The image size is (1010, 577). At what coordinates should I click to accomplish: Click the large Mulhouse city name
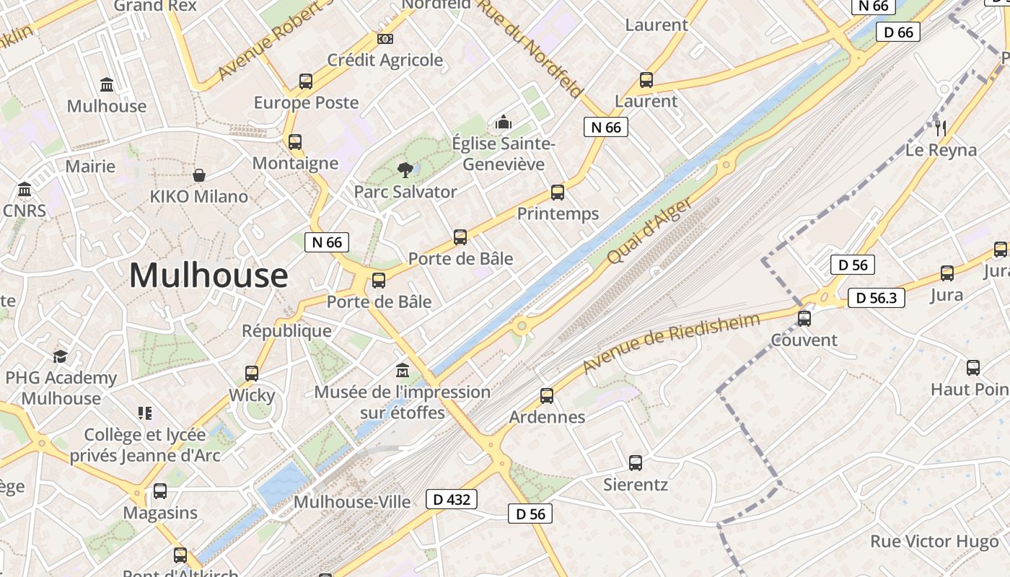208,276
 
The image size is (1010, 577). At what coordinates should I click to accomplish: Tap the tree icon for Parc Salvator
405,170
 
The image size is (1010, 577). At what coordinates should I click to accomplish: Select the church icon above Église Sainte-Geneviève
504,122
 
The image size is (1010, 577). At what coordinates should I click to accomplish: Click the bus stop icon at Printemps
558,193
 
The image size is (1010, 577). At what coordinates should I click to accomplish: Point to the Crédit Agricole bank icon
385,38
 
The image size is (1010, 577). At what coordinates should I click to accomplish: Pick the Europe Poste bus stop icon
306,82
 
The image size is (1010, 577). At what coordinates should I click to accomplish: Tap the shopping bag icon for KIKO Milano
199,175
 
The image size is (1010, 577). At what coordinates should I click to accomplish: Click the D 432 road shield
452,499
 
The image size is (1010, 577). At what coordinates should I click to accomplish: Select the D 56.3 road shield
876,298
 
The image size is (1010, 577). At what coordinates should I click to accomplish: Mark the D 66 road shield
898,32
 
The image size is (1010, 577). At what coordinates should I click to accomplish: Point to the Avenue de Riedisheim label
671,343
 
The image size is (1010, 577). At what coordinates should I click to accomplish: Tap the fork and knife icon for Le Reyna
941,128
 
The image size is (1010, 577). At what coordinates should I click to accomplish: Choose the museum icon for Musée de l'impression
403,371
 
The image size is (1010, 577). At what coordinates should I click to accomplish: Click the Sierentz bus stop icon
636,463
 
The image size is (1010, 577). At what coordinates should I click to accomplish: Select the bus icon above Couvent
804,318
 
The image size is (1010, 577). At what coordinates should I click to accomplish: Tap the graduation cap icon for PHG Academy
61,356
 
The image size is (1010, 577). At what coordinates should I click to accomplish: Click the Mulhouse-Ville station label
352,502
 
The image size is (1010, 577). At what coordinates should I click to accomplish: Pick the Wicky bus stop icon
252,374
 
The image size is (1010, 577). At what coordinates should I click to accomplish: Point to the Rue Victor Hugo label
934,542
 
